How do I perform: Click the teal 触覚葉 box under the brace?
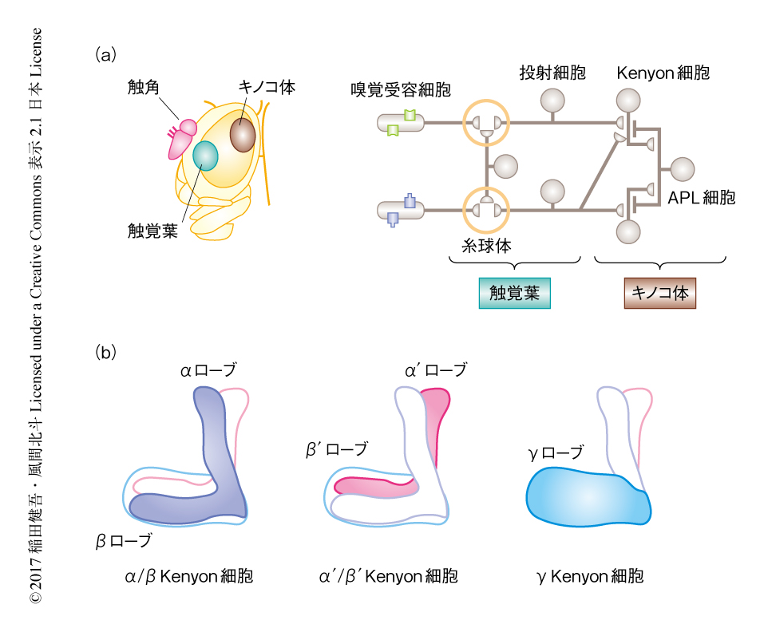coord(514,293)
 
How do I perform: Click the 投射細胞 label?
coord(552,73)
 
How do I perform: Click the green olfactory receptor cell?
coord(402,123)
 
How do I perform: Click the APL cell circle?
coord(683,169)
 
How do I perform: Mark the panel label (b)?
coord(105,351)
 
